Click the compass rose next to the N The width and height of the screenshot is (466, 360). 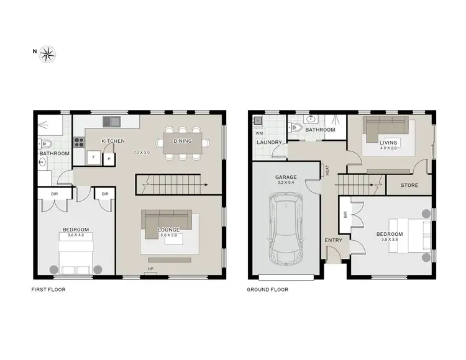[48, 54]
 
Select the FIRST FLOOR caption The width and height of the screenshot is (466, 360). [48, 289]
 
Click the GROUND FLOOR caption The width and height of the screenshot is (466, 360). [268, 289]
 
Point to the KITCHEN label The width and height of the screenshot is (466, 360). [113, 141]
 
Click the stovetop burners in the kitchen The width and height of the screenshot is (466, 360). [80, 141]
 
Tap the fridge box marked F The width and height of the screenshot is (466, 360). [93, 158]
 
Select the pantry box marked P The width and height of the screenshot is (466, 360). [109, 159]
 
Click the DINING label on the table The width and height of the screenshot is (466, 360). [183, 141]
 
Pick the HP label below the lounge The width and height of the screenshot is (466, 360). [150, 269]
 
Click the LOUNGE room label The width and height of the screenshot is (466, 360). [168, 230]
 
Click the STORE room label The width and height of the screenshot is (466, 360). [409, 185]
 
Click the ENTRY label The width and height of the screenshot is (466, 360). [332, 240]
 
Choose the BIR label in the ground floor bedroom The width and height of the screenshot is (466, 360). [344, 216]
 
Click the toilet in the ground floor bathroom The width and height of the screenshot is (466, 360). [297, 128]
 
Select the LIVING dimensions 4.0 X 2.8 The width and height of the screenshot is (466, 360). [388, 150]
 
